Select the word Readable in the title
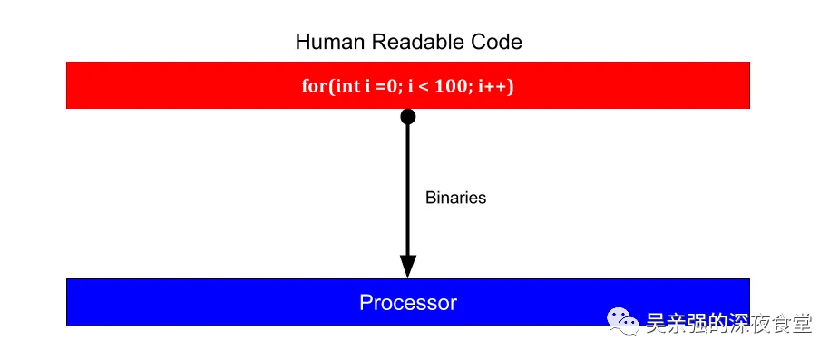407,42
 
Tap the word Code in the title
498,42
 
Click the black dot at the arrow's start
408,116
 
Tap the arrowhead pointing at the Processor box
408,266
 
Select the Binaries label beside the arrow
455,198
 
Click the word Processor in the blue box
408,302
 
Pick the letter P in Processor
366,302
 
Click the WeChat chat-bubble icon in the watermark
622,321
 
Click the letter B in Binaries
430,198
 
